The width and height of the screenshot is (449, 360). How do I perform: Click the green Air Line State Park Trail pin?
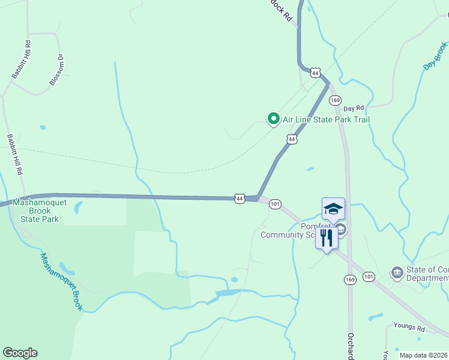pyautogui.click(x=274, y=119)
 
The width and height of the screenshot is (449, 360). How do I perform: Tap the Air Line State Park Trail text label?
pyautogui.click(x=326, y=119)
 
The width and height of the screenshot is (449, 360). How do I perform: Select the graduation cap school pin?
pyautogui.click(x=333, y=209)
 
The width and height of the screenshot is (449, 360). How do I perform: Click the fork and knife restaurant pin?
pyautogui.click(x=327, y=238)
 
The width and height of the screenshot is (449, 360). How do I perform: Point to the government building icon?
pyautogui.click(x=397, y=273)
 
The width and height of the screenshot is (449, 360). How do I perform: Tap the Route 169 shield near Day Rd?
pyautogui.click(x=335, y=100)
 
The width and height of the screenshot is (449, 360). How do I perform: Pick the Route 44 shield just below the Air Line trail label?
pyautogui.click(x=292, y=139)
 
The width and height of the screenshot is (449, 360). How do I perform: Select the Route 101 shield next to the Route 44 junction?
pyautogui.click(x=275, y=204)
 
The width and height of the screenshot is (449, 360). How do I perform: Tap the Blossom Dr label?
pyautogui.click(x=56, y=70)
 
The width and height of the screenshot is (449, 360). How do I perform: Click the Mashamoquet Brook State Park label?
pyautogui.click(x=40, y=211)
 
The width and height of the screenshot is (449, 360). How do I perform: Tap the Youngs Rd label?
pyautogui.click(x=409, y=329)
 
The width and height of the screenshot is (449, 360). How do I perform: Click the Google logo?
pyautogui.click(x=20, y=353)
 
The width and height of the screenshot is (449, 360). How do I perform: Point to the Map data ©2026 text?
pyautogui.click(x=423, y=355)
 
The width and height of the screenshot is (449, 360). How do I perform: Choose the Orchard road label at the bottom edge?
pyautogui.click(x=350, y=345)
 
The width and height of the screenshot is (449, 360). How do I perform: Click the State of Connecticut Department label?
pyautogui.click(x=427, y=273)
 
